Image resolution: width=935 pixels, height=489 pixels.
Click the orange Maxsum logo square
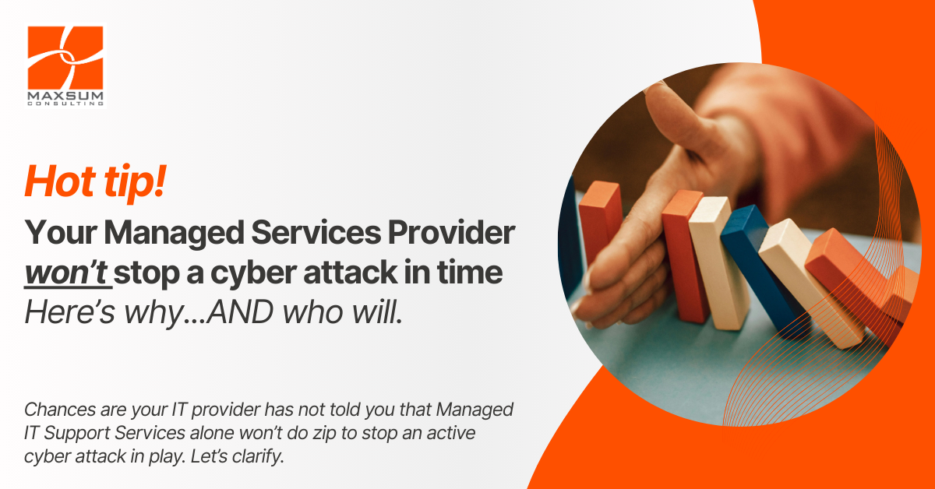pyautogui.click(x=65, y=58)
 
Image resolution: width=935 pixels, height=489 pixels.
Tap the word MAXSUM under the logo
pyautogui.click(x=65, y=97)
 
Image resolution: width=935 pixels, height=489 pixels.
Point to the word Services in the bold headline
pyautogui.click(x=316, y=232)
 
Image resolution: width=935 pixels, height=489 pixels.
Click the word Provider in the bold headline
pyautogui.click(x=452, y=232)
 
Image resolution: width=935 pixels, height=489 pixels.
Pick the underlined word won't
pyautogui.click(x=67, y=272)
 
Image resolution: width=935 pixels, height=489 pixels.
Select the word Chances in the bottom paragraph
pyautogui.click(x=60, y=410)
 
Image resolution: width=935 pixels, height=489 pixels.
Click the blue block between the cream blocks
pyautogui.click(x=760, y=267)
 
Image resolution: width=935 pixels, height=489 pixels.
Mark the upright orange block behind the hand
pyautogui.click(x=600, y=221)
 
